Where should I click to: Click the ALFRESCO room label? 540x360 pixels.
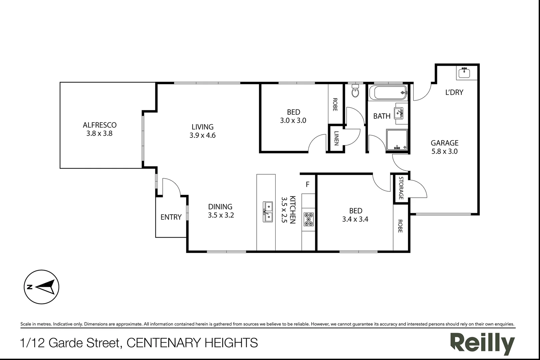(x=99, y=125)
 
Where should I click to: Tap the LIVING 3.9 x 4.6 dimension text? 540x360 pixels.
(x=202, y=135)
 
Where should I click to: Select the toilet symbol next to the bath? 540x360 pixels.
(x=355, y=91)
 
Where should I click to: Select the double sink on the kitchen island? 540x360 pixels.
(x=268, y=212)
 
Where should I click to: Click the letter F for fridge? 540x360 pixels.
(x=307, y=184)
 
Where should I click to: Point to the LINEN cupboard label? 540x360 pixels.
(x=336, y=138)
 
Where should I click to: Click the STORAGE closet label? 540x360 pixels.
(x=401, y=188)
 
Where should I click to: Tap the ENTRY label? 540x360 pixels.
(x=171, y=217)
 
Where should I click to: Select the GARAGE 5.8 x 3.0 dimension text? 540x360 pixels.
(x=444, y=151)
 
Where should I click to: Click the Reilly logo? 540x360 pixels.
(x=482, y=343)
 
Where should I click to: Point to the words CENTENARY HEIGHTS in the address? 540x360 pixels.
(x=192, y=343)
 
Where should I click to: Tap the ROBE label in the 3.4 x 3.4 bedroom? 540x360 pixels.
(x=400, y=226)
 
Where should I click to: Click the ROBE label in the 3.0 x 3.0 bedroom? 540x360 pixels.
(x=335, y=104)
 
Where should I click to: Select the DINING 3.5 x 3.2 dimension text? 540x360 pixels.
(x=221, y=215)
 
